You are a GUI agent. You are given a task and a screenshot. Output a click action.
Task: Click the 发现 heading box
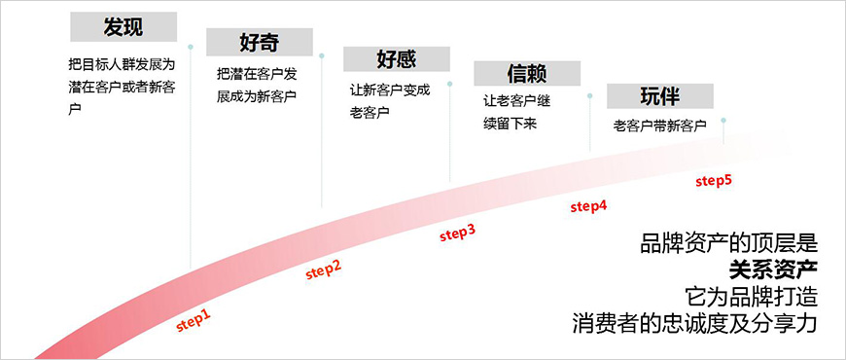click(123, 25)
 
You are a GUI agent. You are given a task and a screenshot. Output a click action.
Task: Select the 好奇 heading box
click(259, 42)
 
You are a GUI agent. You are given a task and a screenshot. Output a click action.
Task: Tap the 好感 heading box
click(396, 58)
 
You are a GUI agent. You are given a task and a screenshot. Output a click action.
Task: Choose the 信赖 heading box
click(526, 74)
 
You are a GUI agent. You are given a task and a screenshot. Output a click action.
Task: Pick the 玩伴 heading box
click(659, 95)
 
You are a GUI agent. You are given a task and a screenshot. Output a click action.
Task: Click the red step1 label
click(193, 320)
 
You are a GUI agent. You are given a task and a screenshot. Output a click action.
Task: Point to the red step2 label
click(323, 270)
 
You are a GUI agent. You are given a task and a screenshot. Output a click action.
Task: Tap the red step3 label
click(457, 233)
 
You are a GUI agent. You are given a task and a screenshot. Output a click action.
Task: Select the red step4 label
click(588, 205)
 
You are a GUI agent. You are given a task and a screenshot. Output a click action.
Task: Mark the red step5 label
click(714, 180)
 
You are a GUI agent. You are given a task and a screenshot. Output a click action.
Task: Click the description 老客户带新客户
click(659, 126)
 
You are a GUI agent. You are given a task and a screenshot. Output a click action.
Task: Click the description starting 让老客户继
click(520, 112)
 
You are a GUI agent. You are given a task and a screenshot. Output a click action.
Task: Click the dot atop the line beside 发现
click(191, 46)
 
